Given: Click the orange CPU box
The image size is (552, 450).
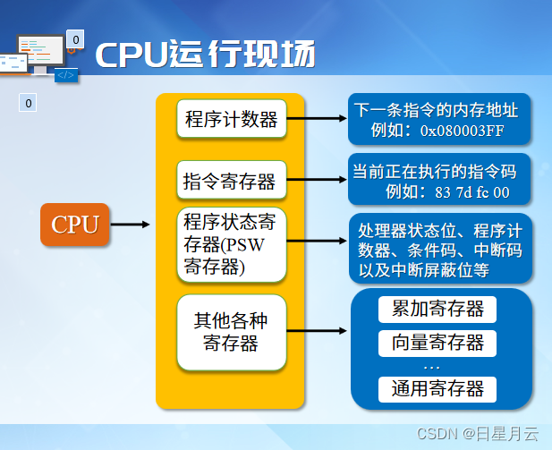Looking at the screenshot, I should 75,224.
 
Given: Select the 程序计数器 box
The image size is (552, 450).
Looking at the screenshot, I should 232,119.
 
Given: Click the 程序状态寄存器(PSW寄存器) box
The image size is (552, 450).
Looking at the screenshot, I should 232,242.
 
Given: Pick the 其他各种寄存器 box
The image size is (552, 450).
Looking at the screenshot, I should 232,331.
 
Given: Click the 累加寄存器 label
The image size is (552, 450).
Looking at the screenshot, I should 437,310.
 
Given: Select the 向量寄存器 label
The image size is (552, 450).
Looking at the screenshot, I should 437,343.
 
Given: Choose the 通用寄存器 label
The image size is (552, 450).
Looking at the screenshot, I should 437,389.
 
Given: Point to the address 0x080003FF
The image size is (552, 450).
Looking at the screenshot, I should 463,131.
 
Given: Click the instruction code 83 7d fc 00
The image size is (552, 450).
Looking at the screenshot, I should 471,191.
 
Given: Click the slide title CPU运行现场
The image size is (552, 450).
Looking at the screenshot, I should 205,55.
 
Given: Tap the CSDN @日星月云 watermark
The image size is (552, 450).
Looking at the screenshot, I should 478,434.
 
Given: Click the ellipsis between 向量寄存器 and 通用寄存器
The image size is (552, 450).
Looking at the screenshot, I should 432,367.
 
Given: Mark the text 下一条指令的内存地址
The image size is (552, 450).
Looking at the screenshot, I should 436,111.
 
